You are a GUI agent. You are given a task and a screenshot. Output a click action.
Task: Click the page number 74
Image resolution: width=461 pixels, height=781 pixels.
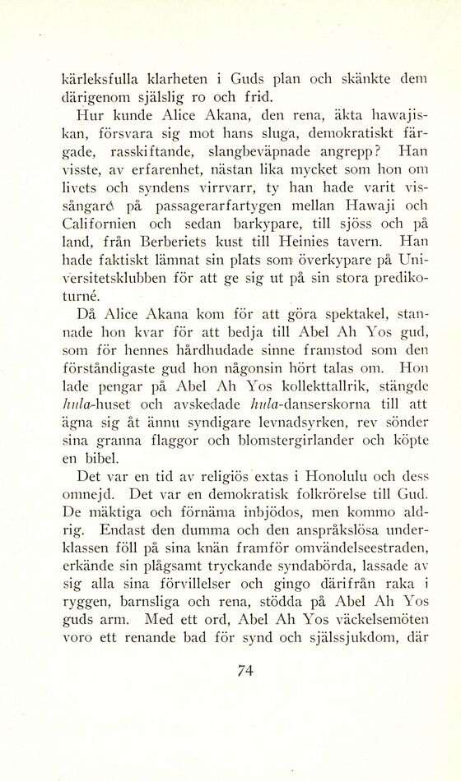[243, 671]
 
